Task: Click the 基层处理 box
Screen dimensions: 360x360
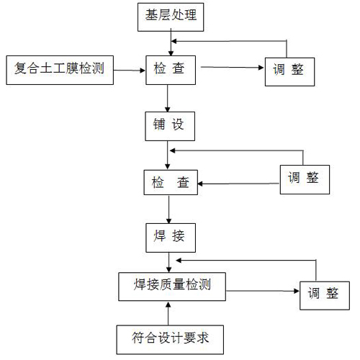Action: click(x=170, y=17)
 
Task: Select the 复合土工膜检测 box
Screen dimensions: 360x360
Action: click(x=59, y=70)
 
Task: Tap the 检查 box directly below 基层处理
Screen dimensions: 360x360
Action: click(x=170, y=70)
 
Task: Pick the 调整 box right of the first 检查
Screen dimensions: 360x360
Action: click(x=288, y=70)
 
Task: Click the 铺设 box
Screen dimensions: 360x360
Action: click(x=169, y=124)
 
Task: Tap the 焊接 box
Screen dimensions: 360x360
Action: click(x=169, y=235)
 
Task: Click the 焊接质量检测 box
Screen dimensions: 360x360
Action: click(x=169, y=287)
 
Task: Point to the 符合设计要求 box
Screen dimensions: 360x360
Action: click(x=168, y=337)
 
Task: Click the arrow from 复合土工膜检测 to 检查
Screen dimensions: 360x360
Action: click(x=130, y=70)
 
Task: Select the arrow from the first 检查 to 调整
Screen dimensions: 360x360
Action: click(x=231, y=69)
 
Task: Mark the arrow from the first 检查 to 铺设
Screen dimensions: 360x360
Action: click(x=168, y=97)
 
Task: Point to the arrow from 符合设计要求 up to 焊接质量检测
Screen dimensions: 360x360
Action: click(x=168, y=312)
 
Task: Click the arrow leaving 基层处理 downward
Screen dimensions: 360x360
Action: click(x=170, y=42)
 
